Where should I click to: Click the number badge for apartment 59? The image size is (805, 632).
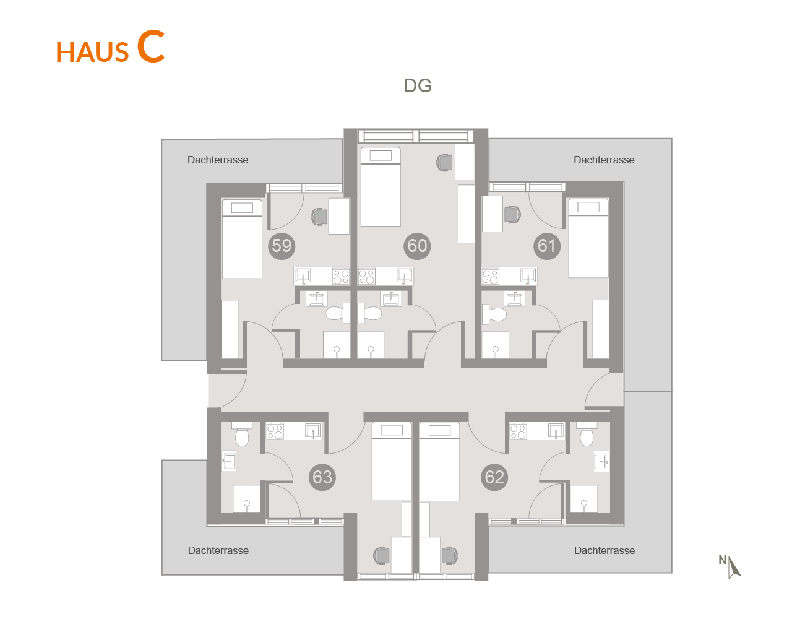click(x=282, y=246)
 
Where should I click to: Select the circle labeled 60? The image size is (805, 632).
click(x=417, y=246)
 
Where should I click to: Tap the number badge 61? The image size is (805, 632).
click(x=547, y=246)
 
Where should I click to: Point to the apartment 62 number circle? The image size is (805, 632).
click(x=494, y=477)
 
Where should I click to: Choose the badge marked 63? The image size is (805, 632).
click(x=322, y=477)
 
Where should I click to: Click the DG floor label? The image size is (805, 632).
click(x=418, y=86)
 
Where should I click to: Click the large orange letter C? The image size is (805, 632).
click(x=151, y=46)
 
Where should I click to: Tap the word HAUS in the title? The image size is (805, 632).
click(x=93, y=52)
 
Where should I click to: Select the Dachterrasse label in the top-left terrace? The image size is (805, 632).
click(x=218, y=160)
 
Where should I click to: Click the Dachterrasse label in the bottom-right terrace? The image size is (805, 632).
click(x=604, y=550)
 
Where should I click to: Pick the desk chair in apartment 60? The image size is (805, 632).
click(x=444, y=162)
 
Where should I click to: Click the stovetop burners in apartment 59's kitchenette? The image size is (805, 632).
click(x=341, y=276)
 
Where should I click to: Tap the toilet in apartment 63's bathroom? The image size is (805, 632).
click(x=243, y=435)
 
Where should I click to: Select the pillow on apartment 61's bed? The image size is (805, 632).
click(x=588, y=207)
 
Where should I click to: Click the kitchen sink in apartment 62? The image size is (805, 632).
click(x=556, y=431)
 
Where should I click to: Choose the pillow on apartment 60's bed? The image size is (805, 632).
click(x=381, y=155)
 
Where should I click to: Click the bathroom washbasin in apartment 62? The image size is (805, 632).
click(x=601, y=461)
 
